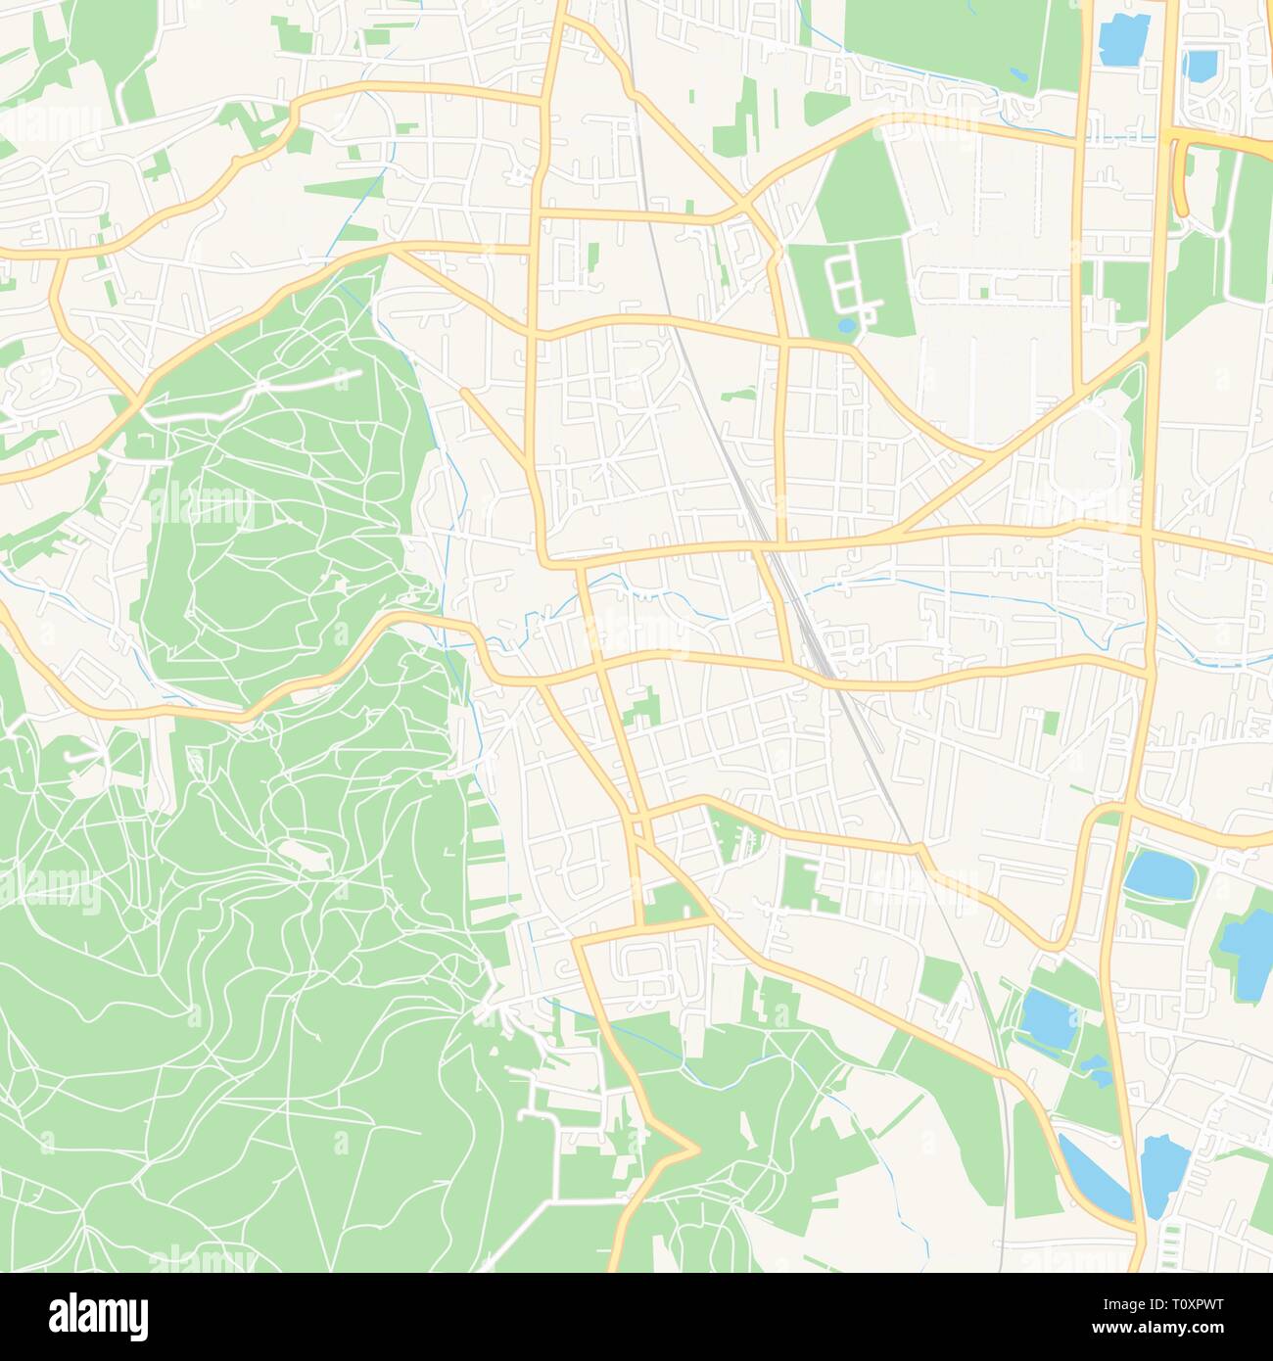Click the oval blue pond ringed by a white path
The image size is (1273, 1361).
pos(1160,874)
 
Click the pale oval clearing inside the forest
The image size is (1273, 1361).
pos(305,853)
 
